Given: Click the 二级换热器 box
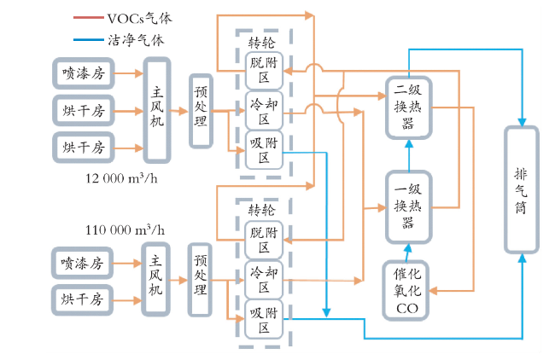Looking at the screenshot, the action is [408, 107].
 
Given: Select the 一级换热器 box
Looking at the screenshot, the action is [408, 207].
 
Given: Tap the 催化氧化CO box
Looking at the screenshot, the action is [406, 291].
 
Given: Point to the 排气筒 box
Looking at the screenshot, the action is [522, 190].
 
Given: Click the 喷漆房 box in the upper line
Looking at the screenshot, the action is [84, 73].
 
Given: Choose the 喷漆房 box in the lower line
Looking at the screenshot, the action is [83, 263].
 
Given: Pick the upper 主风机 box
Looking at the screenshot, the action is [157, 110].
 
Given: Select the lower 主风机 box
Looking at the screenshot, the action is [155, 279].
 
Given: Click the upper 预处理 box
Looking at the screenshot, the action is [201, 111].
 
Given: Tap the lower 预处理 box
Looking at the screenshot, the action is [200, 279].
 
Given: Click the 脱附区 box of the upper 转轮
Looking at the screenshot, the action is [264, 71].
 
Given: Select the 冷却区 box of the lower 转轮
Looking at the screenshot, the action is [264, 280].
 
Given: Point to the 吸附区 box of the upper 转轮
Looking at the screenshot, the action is [264, 150].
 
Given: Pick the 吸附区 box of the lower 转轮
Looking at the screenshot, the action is [264, 320].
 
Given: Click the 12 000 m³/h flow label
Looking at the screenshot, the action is [121, 178].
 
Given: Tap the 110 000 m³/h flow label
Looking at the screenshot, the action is [125, 229].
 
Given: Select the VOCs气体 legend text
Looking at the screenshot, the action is [140, 18].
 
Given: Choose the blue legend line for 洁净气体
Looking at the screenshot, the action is [89, 39].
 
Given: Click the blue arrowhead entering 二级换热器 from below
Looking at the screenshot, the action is [409, 143].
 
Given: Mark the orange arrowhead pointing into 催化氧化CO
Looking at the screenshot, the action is [434, 291].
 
